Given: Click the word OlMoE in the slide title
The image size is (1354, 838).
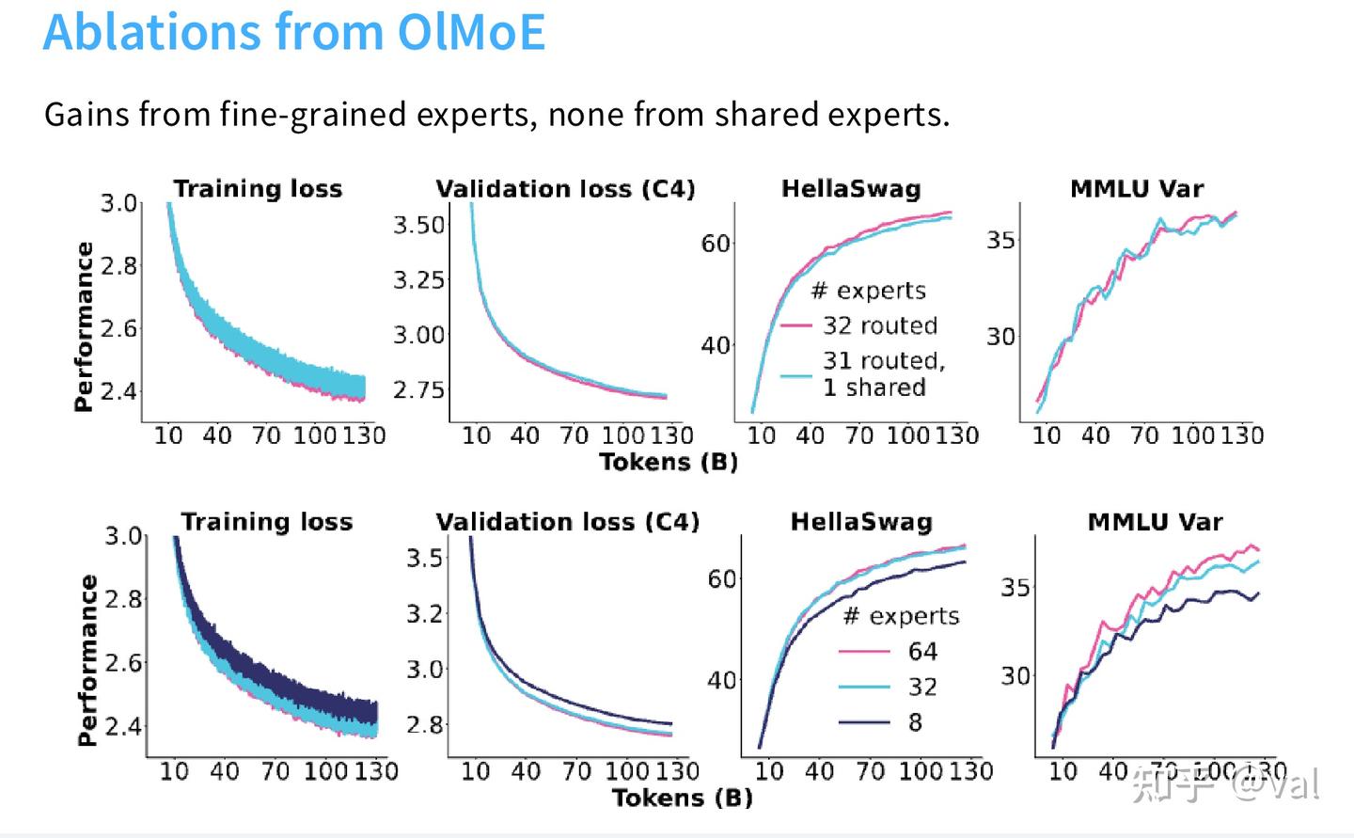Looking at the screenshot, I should point(471,32).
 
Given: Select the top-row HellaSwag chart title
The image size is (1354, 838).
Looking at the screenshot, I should point(851,189).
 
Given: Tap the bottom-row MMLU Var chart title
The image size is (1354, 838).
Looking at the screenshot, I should point(1155,522).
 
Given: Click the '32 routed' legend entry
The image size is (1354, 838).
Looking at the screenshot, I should point(879,325).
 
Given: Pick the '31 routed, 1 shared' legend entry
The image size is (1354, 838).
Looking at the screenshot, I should point(883,373).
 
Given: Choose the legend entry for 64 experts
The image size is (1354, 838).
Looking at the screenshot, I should point(921,651).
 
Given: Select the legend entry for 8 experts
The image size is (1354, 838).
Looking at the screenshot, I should point(914,722).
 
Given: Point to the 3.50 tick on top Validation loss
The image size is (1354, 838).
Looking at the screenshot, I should point(418,225).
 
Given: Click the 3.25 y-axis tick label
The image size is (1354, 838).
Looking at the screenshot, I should point(418,279).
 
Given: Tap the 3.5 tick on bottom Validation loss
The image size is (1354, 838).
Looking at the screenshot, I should point(424,558).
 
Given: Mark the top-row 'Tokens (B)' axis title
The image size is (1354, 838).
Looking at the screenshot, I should point(669,462).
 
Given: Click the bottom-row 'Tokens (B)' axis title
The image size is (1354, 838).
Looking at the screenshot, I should point(683,798).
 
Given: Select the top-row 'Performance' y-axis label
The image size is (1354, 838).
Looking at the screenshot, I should point(84,326).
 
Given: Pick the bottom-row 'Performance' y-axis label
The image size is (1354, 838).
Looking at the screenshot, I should point(87,660).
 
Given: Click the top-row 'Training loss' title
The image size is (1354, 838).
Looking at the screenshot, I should point(258,189).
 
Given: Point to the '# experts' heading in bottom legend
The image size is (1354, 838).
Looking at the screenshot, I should point(901,616).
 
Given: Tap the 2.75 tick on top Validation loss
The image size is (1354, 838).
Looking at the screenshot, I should point(418,389).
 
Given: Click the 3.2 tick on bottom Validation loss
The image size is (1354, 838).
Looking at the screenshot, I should point(424,613).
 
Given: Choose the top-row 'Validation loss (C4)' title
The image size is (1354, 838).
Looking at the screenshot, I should point(565,189).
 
